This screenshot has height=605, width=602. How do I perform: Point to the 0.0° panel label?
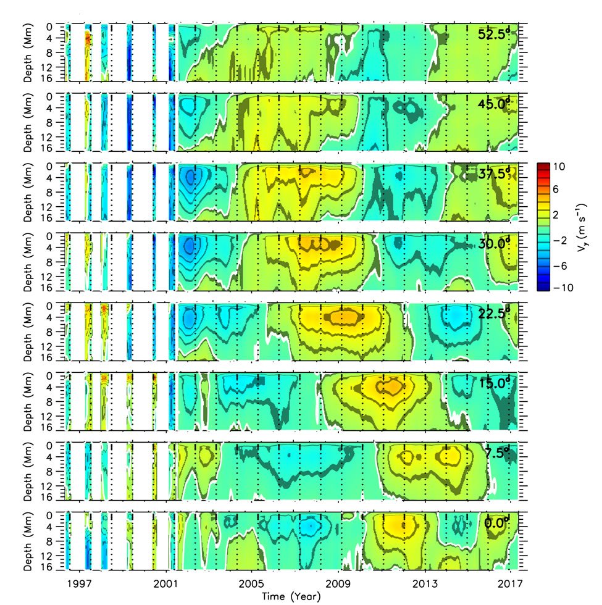pos(499,523)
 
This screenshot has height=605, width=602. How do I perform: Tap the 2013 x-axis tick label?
pos(425,583)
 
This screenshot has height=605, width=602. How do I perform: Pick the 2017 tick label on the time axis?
pos(511,583)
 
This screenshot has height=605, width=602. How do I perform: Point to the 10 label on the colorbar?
pos(557,167)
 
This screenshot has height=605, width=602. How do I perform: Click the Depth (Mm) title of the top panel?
pos(30,53)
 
